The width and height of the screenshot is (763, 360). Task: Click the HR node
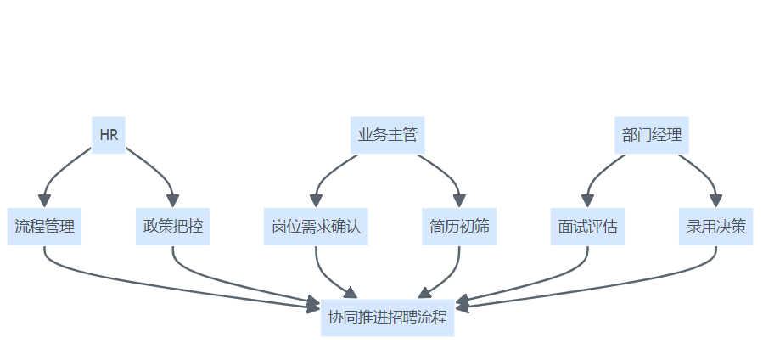click(x=109, y=135)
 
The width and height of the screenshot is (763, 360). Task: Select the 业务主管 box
click(x=388, y=135)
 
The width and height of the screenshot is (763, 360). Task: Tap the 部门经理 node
click(x=652, y=135)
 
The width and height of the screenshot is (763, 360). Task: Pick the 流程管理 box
click(x=44, y=227)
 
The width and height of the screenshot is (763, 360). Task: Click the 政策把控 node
click(x=172, y=227)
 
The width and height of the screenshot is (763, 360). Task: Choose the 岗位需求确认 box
click(x=317, y=227)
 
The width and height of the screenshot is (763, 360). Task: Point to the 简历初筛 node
click(x=459, y=227)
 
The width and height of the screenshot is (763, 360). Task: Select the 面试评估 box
click(x=587, y=227)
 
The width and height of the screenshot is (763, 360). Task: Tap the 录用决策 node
click(x=716, y=227)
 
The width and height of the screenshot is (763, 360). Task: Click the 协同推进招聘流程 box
click(x=387, y=318)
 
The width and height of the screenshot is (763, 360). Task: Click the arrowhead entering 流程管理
click(x=44, y=200)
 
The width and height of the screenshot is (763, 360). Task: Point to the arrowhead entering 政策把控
click(x=172, y=200)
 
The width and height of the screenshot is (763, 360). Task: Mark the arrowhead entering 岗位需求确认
click(x=317, y=200)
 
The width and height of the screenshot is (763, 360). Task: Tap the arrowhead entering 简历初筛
click(x=459, y=200)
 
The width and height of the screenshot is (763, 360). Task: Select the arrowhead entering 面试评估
click(x=587, y=200)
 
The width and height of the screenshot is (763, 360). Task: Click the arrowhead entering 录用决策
click(x=716, y=200)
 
